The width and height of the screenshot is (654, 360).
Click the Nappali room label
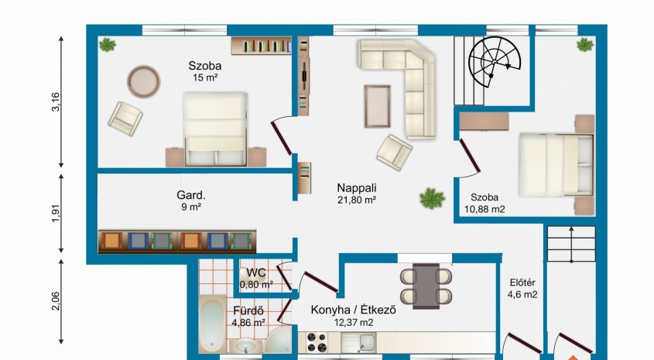[357, 187]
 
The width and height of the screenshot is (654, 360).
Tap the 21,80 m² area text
[357, 201]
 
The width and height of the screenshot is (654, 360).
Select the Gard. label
[191, 195]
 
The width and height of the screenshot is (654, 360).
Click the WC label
[255, 273]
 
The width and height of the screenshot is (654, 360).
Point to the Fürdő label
[248, 310]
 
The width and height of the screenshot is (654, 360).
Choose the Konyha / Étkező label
[353, 310]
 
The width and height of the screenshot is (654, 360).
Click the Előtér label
[522, 283]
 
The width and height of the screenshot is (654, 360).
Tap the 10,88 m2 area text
[485, 209]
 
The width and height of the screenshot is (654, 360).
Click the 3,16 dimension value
[56, 101]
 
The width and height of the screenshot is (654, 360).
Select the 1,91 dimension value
[56, 213]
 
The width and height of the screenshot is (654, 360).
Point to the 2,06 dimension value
[56, 301]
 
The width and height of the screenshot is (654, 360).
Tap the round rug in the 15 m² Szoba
[143, 81]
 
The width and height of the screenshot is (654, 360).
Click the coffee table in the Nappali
[378, 106]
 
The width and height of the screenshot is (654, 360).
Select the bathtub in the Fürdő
[212, 324]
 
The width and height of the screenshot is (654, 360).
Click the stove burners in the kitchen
[317, 342]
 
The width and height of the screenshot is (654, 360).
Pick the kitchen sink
[358, 342]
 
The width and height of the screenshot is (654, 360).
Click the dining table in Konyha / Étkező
[426, 286]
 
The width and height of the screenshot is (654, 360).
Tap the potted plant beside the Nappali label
[432, 198]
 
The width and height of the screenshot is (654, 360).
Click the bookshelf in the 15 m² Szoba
[262, 46]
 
